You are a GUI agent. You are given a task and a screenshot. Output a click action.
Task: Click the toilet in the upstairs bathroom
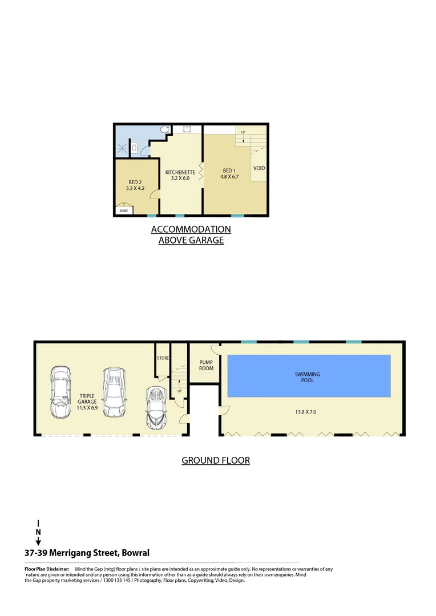pyautogui.click(x=165, y=131)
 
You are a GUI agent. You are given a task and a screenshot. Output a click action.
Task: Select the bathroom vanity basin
pyautogui.click(x=135, y=149)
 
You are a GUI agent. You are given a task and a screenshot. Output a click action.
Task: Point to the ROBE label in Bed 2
pyautogui.click(x=123, y=210)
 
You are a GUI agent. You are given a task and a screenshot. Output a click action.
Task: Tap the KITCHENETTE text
pyautogui.click(x=180, y=172)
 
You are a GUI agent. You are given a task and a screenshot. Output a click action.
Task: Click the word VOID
pyautogui.click(x=259, y=168)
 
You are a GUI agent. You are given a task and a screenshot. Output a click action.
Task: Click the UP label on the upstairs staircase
pyautogui.click(x=243, y=132)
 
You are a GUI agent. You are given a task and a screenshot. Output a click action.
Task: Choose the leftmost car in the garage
pyautogui.click(x=61, y=393)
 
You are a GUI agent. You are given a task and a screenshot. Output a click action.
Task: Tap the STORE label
pyautogui.click(x=163, y=358)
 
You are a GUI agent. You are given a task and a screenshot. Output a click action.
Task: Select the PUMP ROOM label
pyautogui.click(x=206, y=365)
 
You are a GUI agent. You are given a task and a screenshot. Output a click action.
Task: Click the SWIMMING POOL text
pyautogui.click(x=307, y=377)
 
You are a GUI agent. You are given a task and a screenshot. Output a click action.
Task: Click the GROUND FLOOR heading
pyautogui.click(x=216, y=460)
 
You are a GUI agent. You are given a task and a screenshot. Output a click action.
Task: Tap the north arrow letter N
pyautogui.click(x=38, y=532)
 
